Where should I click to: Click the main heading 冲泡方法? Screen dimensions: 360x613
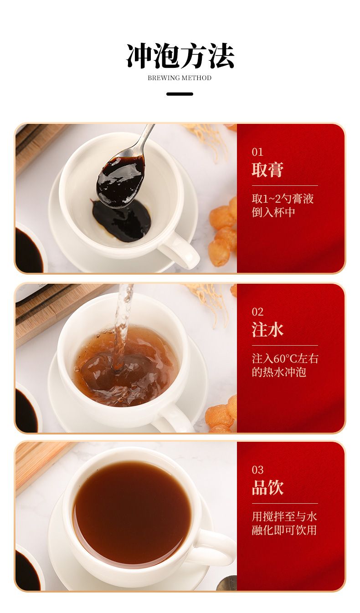(x=180, y=56)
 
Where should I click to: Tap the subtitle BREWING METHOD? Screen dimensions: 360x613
(x=180, y=78)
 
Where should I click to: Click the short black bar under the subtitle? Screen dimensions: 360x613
(x=180, y=94)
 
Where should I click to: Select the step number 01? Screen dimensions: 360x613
(x=257, y=152)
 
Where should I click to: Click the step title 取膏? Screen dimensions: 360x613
(x=267, y=170)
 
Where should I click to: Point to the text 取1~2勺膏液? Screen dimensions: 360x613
(x=283, y=199)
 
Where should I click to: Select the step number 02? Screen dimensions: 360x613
(x=257, y=312)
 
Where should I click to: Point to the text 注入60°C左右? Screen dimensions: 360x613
(x=285, y=358)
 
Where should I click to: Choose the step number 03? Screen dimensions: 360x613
(x=257, y=470)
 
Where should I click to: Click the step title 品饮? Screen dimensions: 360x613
(x=267, y=487)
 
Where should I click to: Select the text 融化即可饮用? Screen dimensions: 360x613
(x=284, y=530)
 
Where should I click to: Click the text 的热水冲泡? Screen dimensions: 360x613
(x=279, y=372)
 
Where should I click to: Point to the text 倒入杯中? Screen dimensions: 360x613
(x=273, y=212)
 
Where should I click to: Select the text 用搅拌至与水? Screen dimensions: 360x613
(x=284, y=516)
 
